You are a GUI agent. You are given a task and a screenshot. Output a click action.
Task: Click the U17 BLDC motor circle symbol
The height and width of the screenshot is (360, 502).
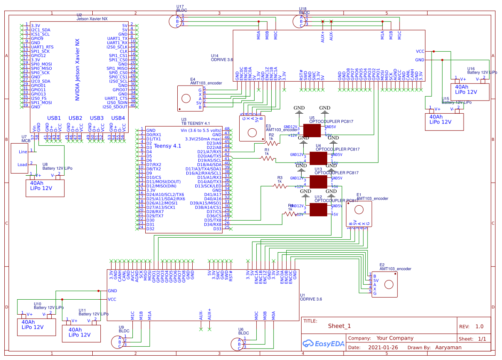point(173,21)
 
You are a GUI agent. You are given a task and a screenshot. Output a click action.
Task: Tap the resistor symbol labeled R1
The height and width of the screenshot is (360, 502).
point(268,158)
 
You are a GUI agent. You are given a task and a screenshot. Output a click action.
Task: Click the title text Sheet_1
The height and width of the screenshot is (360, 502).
point(339,326)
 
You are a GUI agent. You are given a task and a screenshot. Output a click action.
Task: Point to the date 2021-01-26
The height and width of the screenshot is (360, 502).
point(382,348)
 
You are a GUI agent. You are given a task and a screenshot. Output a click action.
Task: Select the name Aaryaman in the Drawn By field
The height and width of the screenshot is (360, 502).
point(448,348)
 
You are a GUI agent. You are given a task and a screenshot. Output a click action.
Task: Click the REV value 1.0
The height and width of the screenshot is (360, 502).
point(479,326)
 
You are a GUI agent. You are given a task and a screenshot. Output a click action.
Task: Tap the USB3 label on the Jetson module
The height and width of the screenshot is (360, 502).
point(97,118)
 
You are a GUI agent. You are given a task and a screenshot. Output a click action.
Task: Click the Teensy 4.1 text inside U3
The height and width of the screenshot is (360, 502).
point(167,146)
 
